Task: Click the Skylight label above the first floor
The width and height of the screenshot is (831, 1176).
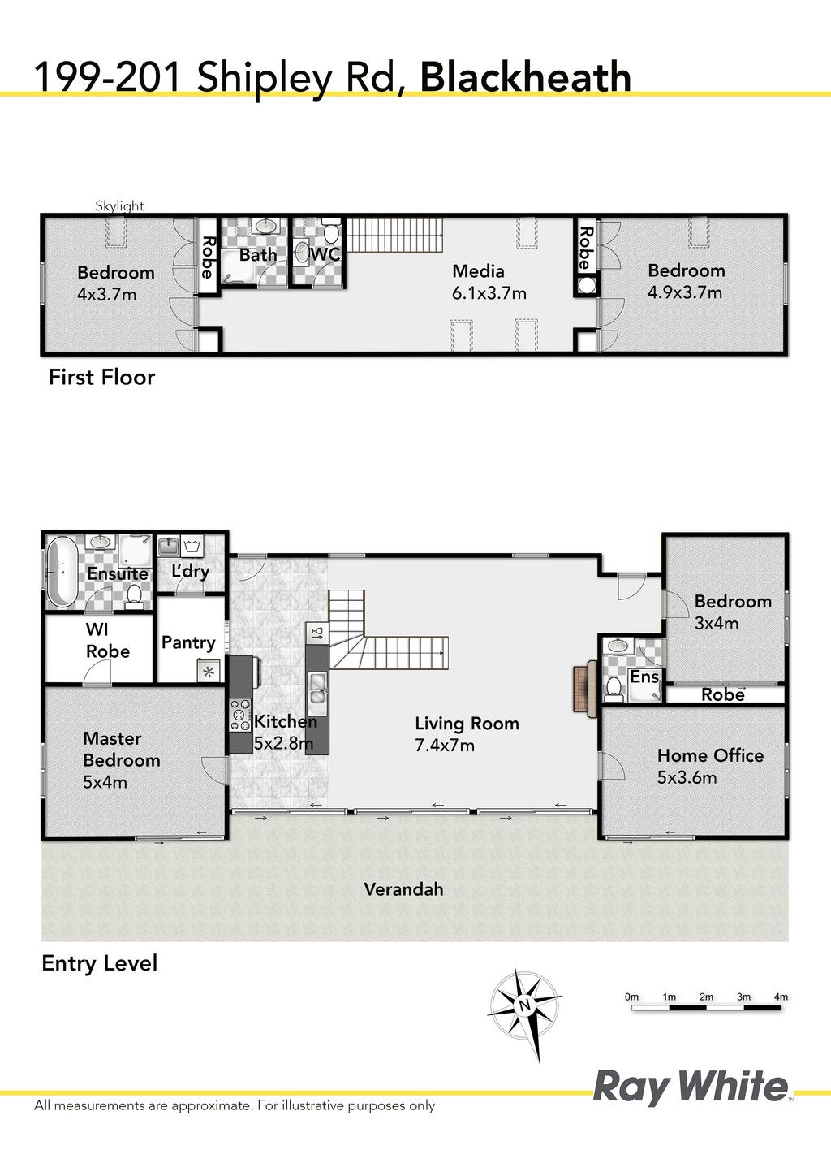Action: point(119,206)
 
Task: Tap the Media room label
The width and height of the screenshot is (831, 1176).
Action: point(479,271)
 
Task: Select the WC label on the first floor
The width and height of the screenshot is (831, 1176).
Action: point(325,254)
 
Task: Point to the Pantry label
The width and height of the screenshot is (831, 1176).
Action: point(188,642)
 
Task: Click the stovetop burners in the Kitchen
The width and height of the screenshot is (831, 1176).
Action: point(240,715)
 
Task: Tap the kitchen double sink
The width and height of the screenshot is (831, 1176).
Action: point(317,688)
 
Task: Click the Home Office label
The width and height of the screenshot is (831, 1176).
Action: point(710,755)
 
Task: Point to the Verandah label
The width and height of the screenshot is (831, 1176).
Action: point(403,889)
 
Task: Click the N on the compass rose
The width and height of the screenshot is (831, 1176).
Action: point(524,1005)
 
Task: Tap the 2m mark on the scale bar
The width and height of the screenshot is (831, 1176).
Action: point(706,997)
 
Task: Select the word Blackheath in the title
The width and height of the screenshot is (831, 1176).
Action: point(525,77)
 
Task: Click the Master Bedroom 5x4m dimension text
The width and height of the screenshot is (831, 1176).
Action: point(105,782)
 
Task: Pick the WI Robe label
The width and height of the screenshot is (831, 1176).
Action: point(108,640)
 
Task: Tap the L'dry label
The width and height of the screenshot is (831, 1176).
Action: point(190,571)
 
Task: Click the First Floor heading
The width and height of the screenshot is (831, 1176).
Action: point(101,378)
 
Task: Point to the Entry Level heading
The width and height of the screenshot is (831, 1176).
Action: point(99,964)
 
